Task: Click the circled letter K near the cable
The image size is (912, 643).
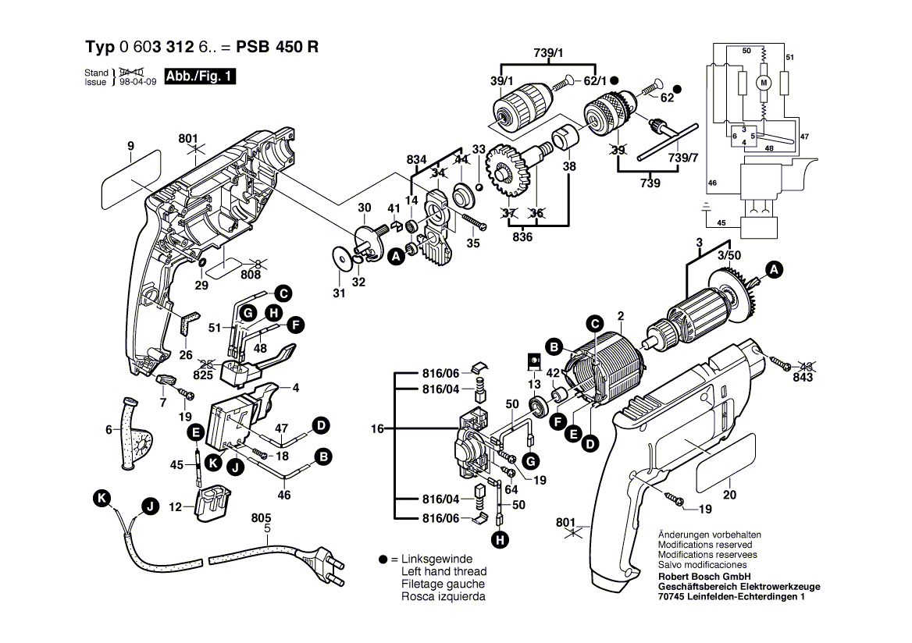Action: coord(99,497)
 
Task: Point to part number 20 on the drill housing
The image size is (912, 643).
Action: coord(730,493)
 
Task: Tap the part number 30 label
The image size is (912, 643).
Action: coord(364,208)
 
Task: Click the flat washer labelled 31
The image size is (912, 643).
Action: coord(340,258)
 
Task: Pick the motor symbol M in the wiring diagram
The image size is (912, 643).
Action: coord(764,82)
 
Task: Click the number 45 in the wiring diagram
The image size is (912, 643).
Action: coord(721,223)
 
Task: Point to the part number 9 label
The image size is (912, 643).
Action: coord(130,145)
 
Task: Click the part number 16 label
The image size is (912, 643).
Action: coord(378,429)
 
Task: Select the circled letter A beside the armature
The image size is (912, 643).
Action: coord(773,271)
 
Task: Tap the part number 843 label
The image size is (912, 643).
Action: coord(803,377)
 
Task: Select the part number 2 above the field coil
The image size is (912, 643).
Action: coord(621,316)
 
